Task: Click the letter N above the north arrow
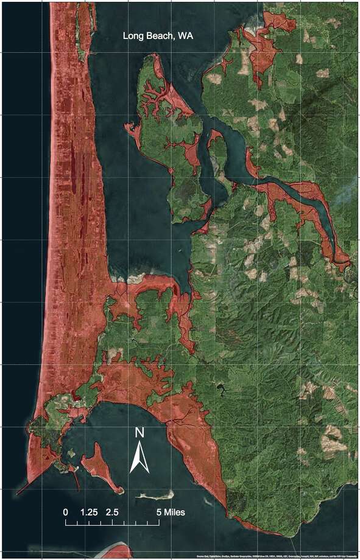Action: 139,433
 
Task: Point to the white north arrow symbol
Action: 139,458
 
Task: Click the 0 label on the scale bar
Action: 66,512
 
